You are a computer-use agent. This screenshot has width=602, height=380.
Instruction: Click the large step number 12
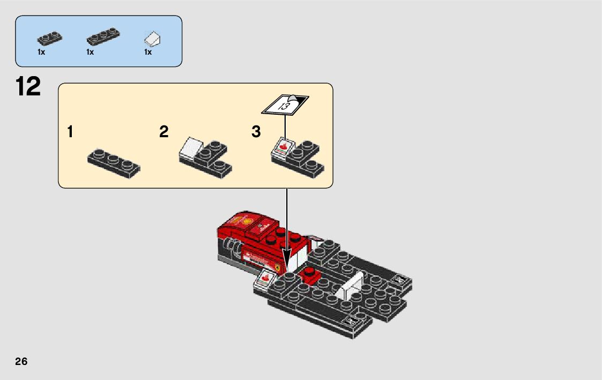tap(28, 87)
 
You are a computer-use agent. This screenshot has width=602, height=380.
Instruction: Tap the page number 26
tap(21, 361)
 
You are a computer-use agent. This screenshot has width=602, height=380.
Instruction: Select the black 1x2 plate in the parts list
tap(49, 38)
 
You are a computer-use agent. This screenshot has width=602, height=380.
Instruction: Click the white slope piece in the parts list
tap(153, 38)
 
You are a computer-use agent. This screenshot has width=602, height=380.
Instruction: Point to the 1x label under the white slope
tap(148, 53)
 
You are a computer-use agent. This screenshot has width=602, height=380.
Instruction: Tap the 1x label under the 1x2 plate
tap(41, 53)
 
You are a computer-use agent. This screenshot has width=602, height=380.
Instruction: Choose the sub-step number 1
tap(71, 131)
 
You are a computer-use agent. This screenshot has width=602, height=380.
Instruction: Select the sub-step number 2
tap(163, 131)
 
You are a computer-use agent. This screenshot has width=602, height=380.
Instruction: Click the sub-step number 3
tap(256, 131)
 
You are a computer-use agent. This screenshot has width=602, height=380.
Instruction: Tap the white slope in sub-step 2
tap(190, 147)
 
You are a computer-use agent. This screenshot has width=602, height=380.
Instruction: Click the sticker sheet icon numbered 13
tap(285, 104)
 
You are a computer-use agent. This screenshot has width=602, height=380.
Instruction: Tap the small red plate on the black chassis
tap(310, 275)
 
